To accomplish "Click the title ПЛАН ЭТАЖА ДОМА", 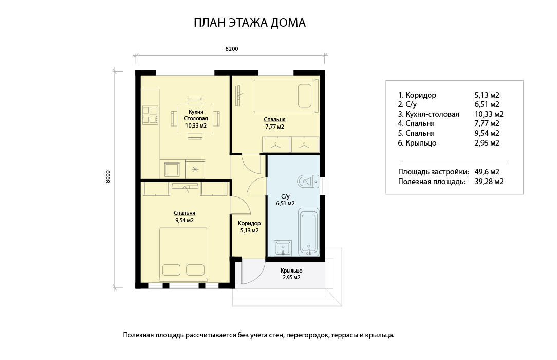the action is [x=249, y=23].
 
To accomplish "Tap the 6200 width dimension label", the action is [x=232, y=49].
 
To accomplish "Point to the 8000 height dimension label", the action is [x=108, y=176].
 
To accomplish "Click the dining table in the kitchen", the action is [x=195, y=118].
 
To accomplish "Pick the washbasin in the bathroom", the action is [x=283, y=248].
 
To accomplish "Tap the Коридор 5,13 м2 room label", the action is [x=249, y=227].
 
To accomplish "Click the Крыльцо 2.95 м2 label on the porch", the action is [x=291, y=274].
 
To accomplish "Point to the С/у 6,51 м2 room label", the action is [x=285, y=200].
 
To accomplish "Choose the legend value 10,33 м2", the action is [x=489, y=114].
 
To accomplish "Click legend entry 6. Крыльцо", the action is [x=417, y=143].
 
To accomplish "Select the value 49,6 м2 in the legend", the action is [x=487, y=172].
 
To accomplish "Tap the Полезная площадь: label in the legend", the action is [x=432, y=182].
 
